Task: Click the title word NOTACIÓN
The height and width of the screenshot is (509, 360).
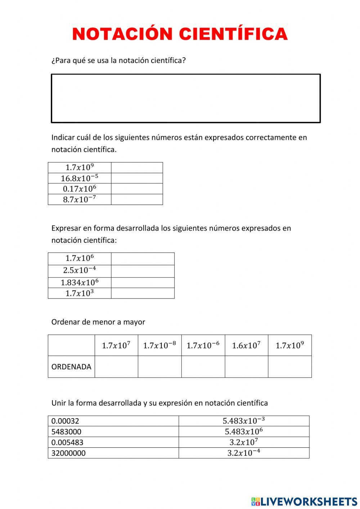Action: tap(122, 34)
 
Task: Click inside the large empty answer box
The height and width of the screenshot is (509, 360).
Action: tap(186, 98)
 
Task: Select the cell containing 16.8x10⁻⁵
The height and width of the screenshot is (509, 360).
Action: tap(80, 178)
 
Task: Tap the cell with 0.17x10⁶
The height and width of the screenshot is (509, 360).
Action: tap(80, 189)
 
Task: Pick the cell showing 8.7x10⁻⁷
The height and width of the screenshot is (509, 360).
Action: tap(80, 199)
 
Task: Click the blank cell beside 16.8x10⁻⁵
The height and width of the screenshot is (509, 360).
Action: tap(137, 178)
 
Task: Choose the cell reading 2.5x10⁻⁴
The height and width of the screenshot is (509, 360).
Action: tap(80, 271)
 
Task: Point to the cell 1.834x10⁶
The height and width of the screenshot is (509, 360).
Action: tap(80, 282)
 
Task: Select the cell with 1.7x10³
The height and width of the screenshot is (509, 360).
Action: tap(80, 293)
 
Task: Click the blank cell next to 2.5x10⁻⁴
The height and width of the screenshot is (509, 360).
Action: tap(143, 271)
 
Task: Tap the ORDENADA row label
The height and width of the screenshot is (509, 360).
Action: tap(71, 367)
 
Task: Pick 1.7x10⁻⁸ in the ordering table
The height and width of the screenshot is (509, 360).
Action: tap(159, 345)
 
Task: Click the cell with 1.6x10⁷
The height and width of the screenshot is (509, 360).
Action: tap(246, 345)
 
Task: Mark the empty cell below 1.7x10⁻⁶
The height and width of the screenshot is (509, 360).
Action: tap(203, 367)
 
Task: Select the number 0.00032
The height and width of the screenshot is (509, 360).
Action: tap(65, 421)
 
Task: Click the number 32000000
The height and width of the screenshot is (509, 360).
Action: tap(68, 453)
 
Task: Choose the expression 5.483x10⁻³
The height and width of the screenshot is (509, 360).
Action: tap(244, 421)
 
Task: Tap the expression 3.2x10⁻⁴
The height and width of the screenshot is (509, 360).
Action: tap(244, 453)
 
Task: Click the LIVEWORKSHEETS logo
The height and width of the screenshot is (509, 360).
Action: tap(304, 501)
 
